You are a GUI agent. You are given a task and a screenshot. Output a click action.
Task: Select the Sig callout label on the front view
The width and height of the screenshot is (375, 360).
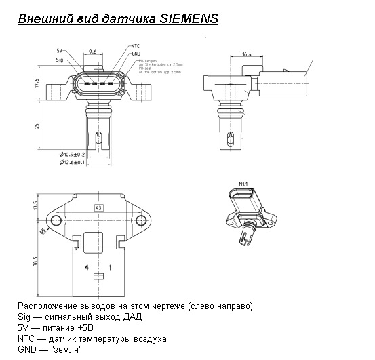59,60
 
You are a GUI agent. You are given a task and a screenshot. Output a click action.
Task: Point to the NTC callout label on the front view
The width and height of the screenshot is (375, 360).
135,46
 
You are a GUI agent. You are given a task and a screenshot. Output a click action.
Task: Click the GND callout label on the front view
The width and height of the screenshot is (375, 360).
136,53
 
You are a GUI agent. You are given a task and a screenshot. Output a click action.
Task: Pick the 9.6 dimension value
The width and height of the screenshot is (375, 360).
92,51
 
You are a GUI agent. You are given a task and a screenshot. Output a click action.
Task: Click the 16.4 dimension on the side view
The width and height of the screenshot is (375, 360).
246,53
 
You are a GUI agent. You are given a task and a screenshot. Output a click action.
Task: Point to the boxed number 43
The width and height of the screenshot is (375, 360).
98,207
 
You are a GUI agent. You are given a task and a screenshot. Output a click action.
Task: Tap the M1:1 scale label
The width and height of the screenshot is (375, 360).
243,183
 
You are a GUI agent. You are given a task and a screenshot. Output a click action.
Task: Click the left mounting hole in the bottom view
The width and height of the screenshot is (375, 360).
56,222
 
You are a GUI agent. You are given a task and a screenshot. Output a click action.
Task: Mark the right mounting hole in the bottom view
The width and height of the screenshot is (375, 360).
142,222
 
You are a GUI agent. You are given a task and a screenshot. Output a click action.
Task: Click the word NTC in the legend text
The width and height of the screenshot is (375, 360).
25,338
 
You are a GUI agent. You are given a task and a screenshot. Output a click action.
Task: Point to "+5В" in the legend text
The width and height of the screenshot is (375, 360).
88,327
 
